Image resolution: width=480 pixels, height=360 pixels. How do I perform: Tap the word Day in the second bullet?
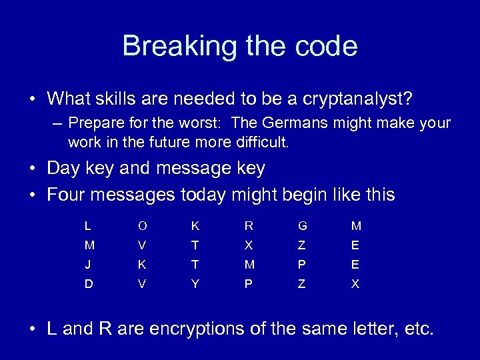pyautogui.click(x=62, y=169)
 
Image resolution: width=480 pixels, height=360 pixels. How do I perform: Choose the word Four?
pyautogui.click(x=65, y=195)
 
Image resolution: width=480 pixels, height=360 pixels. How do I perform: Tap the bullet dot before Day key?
pyautogui.click(x=33, y=169)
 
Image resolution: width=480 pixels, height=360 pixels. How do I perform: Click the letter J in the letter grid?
pyautogui.click(x=88, y=264)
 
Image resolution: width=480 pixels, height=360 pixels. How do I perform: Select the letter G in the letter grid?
pyautogui.click(x=302, y=227)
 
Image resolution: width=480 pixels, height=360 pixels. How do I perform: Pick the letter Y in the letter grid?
pyautogui.click(x=195, y=283)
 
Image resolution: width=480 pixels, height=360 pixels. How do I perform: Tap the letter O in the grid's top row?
pyautogui.click(x=141, y=227)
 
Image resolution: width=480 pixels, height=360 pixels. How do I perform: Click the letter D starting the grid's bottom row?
pyautogui.click(x=88, y=283)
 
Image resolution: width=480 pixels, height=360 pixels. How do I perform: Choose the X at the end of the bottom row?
pyautogui.click(x=355, y=283)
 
